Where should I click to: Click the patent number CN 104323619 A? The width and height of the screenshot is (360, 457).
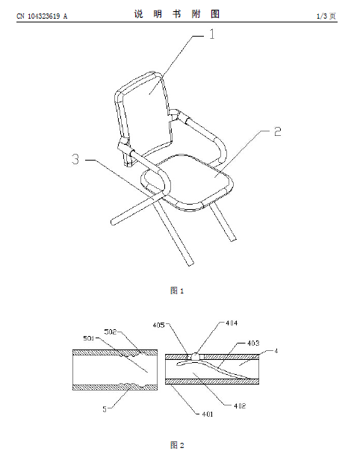coord(42,16)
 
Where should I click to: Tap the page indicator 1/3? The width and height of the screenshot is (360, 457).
coord(322,16)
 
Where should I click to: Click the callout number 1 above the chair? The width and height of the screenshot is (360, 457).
coord(212,34)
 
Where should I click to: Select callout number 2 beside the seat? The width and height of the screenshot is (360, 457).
coord(278,131)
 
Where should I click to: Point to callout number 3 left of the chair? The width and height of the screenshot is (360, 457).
coord(75,159)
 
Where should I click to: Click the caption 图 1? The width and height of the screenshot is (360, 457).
coord(177,290)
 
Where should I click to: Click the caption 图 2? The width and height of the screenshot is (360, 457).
coord(177,445)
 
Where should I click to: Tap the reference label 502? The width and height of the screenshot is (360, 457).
coord(111,332)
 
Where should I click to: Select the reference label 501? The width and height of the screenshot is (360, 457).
coord(89,338)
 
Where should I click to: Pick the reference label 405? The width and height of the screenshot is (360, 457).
coord(158,325)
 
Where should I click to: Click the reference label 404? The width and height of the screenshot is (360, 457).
coord(232,323)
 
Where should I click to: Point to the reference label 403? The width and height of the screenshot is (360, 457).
coord(253,343)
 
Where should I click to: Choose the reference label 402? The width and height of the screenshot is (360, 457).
coord(240,406)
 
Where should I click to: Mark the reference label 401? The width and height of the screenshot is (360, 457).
coord(208,414)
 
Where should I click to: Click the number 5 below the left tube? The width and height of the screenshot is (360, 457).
coord(105,409)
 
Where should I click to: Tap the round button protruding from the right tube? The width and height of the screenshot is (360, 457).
coord(195,356)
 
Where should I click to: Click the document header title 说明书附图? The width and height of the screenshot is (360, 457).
coord(177,14)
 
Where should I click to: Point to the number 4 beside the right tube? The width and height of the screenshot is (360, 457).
coord(276,351)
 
